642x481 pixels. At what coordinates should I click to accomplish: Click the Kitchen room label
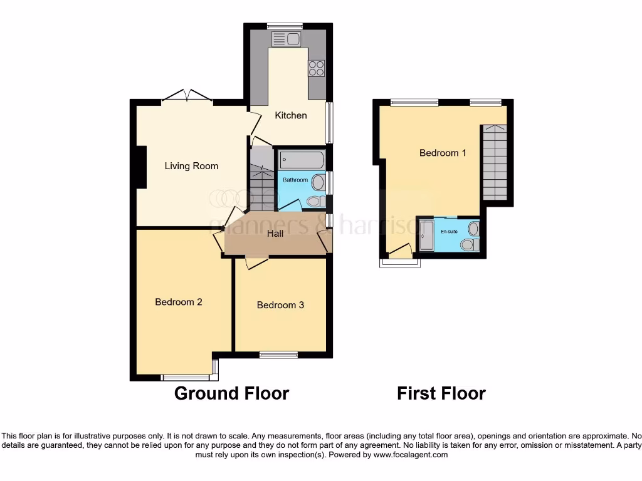click(292, 115)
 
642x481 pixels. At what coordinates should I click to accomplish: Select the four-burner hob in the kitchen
click(316, 68)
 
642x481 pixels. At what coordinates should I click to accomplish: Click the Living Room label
click(191, 166)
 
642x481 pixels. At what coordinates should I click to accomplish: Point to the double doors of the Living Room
click(187, 96)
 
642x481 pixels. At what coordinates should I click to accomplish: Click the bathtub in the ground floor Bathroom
click(302, 160)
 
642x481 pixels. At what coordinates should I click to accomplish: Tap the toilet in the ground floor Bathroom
click(315, 201)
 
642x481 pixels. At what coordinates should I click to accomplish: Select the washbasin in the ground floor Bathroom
click(319, 183)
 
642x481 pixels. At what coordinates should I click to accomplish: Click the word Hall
click(275, 234)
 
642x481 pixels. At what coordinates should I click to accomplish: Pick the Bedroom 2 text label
click(179, 302)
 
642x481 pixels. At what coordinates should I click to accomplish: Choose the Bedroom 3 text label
click(280, 305)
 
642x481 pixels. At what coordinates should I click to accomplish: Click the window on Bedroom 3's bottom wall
click(278, 355)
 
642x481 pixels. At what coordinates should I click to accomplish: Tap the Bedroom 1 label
click(443, 153)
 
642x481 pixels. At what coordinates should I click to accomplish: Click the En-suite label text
click(449, 231)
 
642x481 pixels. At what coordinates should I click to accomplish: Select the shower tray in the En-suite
click(426, 235)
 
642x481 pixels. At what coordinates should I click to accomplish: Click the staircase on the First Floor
click(494, 162)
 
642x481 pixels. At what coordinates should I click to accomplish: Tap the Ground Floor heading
click(231, 393)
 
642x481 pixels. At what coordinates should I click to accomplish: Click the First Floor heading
click(441, 393)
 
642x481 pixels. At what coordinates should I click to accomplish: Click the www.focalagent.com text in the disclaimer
click(410, 455)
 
